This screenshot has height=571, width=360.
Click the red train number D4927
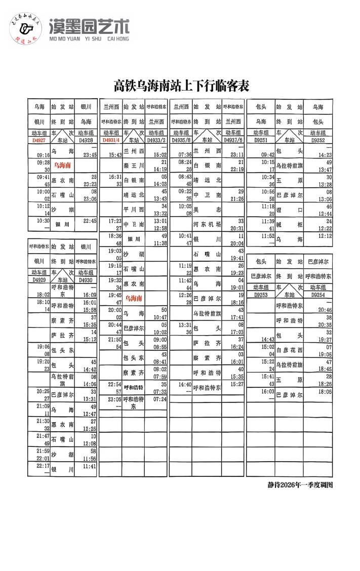click(38, 140)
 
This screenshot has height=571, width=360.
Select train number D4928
click(86, 140)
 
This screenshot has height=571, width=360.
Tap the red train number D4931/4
click(111, 140)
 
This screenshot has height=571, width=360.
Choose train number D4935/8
click(181, 140)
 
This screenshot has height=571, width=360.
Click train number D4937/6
click(233, 140)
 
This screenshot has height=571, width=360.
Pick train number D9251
click(261, 140)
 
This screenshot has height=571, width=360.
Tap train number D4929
click(38, 280)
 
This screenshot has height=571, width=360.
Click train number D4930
click(86, 280)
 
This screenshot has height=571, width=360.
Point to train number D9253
click(261, 294)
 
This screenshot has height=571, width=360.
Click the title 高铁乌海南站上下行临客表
click(181, 85)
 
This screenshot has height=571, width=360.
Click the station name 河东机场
click(207, 224)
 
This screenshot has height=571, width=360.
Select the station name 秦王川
click(134, 166)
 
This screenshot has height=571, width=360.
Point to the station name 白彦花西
click(289, 350)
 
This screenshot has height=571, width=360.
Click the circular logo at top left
click(26, 29)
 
